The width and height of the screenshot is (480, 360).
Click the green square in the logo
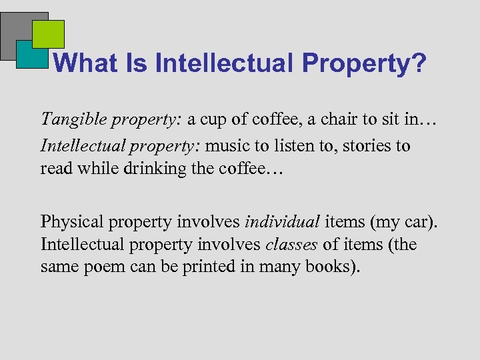coord(48,34)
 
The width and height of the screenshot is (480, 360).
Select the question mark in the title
coord(418,63)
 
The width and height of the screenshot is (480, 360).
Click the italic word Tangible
coord(70,119)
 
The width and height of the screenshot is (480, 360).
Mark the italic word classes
coord(291,245)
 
